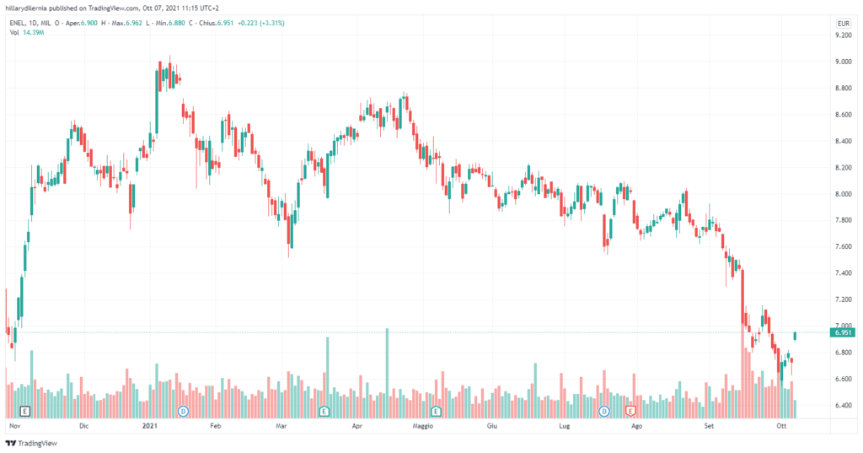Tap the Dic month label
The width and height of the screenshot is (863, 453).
pos(83,428)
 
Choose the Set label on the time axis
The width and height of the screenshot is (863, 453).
pos(709,428)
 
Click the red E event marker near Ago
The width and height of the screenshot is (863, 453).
pos(630,411)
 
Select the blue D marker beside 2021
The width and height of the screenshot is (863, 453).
pos(183,411)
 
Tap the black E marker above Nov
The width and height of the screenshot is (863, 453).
pos(25,411)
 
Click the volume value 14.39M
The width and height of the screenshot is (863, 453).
pos(34,33)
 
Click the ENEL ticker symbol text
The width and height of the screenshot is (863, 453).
pos(19,23)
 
